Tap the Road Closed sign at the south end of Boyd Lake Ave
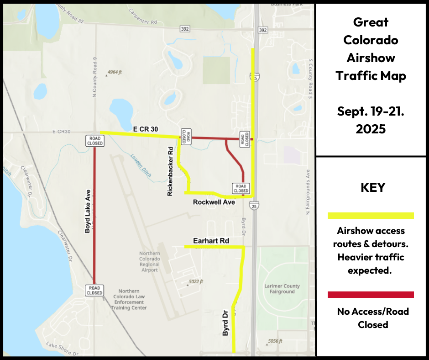[94, 290]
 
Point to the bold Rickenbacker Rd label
[170, 171]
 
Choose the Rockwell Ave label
[214, 202]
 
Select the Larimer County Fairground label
[282, 289]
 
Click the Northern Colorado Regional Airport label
[149, 262]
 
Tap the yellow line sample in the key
[371, 216]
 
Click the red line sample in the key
[371, 295]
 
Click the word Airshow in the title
[371, 58]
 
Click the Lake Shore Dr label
[62, 349]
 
